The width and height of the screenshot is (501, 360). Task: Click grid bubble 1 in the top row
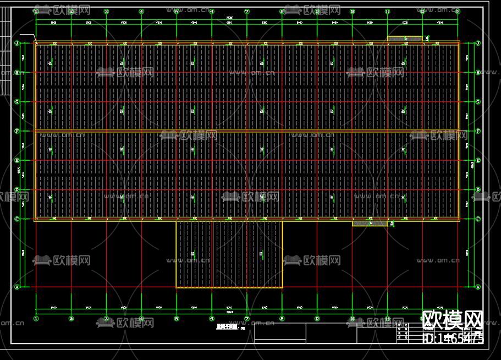(36, 11)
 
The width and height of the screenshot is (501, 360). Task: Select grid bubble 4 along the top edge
(141, 11)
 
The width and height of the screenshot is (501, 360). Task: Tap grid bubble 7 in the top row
(247, 11)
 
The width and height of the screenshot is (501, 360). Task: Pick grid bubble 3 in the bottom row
(106, 318)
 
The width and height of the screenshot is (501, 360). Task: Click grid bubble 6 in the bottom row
(212, 318)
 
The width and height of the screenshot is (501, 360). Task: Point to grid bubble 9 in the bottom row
(317, 318)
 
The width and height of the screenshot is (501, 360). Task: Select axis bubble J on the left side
(16, 43)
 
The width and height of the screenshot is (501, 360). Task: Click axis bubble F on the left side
(16, 131)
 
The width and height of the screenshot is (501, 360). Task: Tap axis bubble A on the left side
(16, 287)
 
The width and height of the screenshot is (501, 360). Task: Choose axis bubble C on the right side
(477, 219)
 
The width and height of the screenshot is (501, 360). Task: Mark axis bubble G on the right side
(477, 102)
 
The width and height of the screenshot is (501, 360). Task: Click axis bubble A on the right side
(477, 287)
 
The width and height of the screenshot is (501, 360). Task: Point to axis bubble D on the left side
(16, 190)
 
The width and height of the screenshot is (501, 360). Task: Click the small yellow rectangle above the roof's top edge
(405, 39)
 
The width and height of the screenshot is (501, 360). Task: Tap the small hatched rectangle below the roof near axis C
(370, 223)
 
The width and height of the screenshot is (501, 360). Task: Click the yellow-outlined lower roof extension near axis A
(229, 254)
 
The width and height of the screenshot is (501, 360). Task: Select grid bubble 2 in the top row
(71, 11)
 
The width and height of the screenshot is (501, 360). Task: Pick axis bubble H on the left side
(16, 72)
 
